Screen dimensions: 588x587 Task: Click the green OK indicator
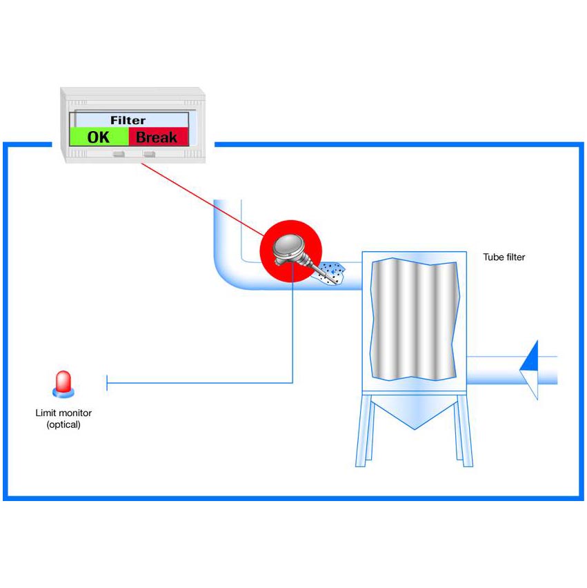99,137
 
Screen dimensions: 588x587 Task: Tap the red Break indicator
157,137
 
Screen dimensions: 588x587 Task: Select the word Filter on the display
128,120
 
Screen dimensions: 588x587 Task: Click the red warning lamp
63,384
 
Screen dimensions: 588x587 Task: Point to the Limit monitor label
63,413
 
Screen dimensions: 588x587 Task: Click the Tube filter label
504,257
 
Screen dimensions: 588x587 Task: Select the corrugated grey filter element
414,318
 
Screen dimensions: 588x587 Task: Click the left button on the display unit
119,154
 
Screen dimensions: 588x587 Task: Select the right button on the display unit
149,154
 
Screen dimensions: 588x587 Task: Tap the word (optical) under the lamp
63,424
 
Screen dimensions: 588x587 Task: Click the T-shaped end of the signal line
107,382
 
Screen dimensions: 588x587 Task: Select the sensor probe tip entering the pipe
318,268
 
